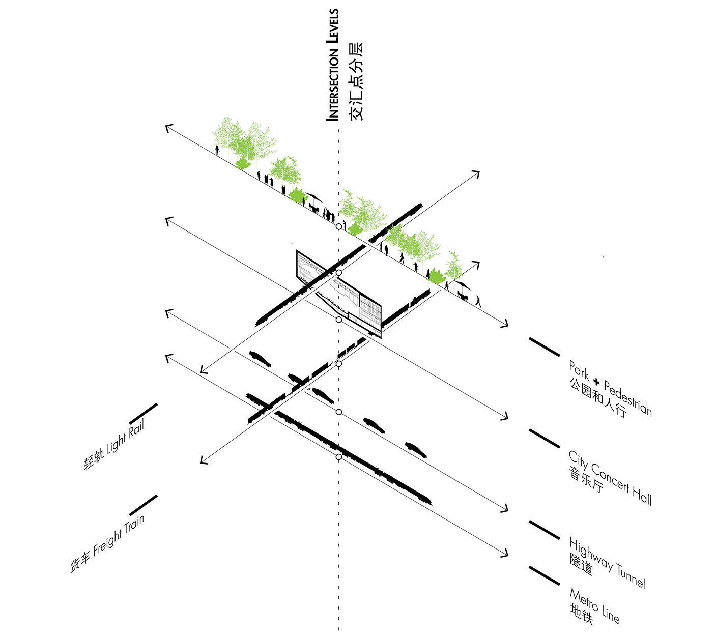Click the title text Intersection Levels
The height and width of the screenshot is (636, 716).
(332, 65)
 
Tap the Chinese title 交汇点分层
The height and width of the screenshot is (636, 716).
(356, 81)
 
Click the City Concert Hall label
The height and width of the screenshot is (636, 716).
(610, 477)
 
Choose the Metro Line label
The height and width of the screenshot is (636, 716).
(594, 605)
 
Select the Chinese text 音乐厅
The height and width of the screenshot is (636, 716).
(586, 480)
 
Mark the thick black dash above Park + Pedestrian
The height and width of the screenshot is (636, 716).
(544, 346)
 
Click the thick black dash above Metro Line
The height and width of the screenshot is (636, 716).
(544, 575)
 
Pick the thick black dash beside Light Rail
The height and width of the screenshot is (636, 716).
(144, 413)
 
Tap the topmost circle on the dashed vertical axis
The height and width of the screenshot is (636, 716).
(339, 226)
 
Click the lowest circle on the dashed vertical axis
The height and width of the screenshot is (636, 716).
(339, 457)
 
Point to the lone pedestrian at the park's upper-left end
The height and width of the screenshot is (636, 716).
(217, 150)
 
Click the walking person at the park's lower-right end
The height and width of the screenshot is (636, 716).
(478, 301)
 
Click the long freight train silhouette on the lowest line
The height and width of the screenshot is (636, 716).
(351, 455)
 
